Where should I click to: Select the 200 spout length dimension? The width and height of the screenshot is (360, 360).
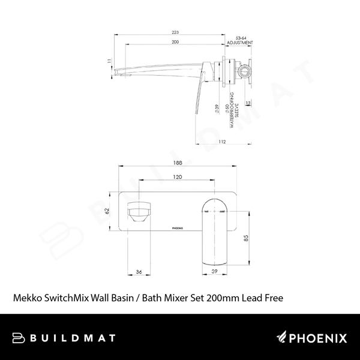pos(175,43)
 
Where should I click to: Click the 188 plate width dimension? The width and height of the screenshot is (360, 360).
pos(178,161)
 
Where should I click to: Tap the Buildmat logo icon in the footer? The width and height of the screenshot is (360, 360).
pos(17,338)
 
